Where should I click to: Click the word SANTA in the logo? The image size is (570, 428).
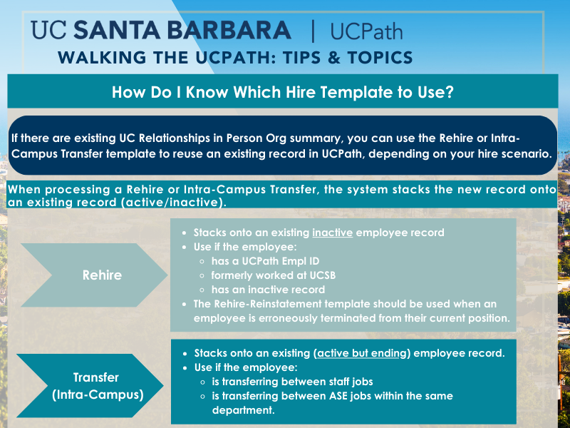pos(117,30)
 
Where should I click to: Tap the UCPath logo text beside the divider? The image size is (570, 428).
pos(366,31)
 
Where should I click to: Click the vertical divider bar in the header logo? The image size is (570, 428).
pos(313,31)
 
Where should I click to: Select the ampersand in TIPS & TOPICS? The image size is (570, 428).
pos(333,58)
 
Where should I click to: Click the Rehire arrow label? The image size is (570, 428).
pos(102,275)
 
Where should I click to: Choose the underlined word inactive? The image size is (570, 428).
pos(332,233)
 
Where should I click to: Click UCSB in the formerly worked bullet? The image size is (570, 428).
pos(323,275)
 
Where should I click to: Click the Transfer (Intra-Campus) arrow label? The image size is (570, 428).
pos(98,386)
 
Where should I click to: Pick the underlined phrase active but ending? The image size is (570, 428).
pos(362,353)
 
